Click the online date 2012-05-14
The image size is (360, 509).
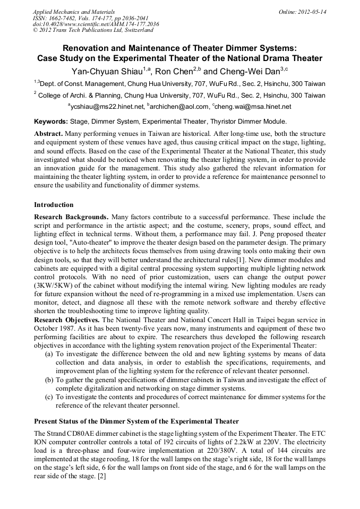coord(312,12)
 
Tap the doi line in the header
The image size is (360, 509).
coord(96,24)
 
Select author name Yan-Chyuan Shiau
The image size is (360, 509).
coord(104,71)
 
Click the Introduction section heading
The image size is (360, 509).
coord(54,205)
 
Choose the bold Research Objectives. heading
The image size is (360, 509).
coord(67,320)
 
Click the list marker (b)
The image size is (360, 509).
coord(49,380)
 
